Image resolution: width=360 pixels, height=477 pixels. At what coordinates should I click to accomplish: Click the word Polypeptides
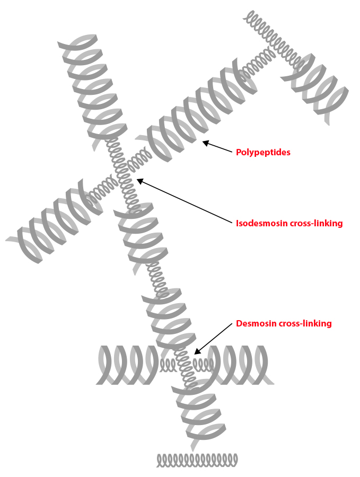[263, 152]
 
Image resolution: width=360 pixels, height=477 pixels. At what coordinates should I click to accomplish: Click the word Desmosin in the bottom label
[256, 323]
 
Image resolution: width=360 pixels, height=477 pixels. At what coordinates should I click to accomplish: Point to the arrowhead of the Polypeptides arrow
[204, 142]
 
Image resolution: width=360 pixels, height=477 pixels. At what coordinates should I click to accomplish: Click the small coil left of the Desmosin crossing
[168, 365]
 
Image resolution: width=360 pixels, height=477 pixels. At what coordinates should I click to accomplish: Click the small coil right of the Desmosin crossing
[204, 364]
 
